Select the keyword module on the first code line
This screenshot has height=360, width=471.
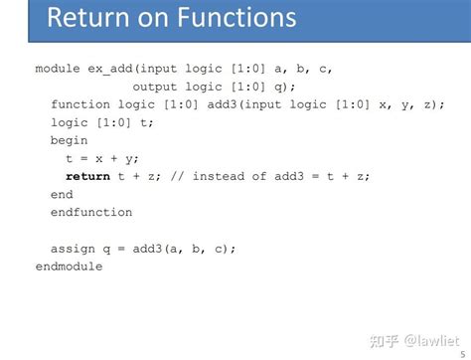[58, 69]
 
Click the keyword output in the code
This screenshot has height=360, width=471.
[157, 87]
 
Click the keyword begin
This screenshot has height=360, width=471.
[70, 140]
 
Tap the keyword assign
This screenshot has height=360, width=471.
[74, 248]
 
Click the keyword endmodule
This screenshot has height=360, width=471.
[69, 266]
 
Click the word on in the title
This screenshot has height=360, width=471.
[156, 18]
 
